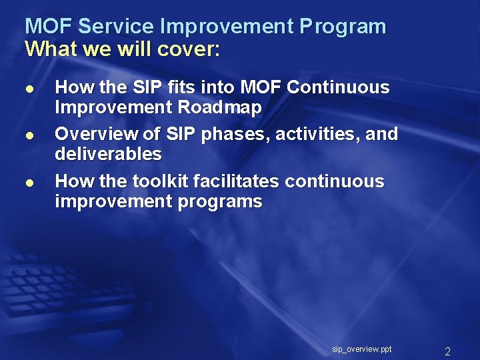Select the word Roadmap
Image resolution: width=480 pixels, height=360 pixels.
tap(222, 107)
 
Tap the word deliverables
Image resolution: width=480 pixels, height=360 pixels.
tap(108, 154)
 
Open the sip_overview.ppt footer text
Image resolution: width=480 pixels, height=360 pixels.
tap(362, 349)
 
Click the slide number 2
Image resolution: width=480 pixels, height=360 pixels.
tap(448, 351)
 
